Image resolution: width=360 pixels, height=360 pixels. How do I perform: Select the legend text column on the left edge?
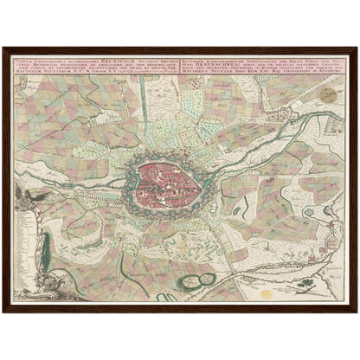(x=25, y=242)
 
